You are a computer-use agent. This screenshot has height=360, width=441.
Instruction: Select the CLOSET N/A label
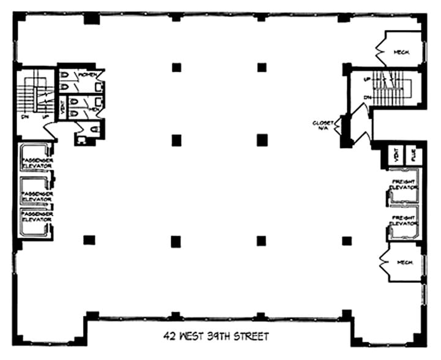[322, 125]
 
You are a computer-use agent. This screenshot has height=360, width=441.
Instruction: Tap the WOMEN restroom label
[86, 74]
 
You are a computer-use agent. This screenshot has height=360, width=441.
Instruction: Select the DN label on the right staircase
[366, 97]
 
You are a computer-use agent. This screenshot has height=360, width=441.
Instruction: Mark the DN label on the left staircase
[24, 116]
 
